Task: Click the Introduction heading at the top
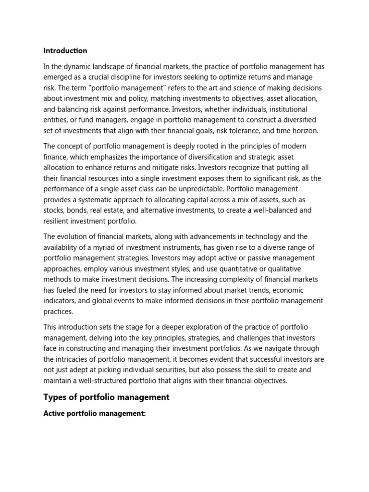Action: [65, 50]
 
